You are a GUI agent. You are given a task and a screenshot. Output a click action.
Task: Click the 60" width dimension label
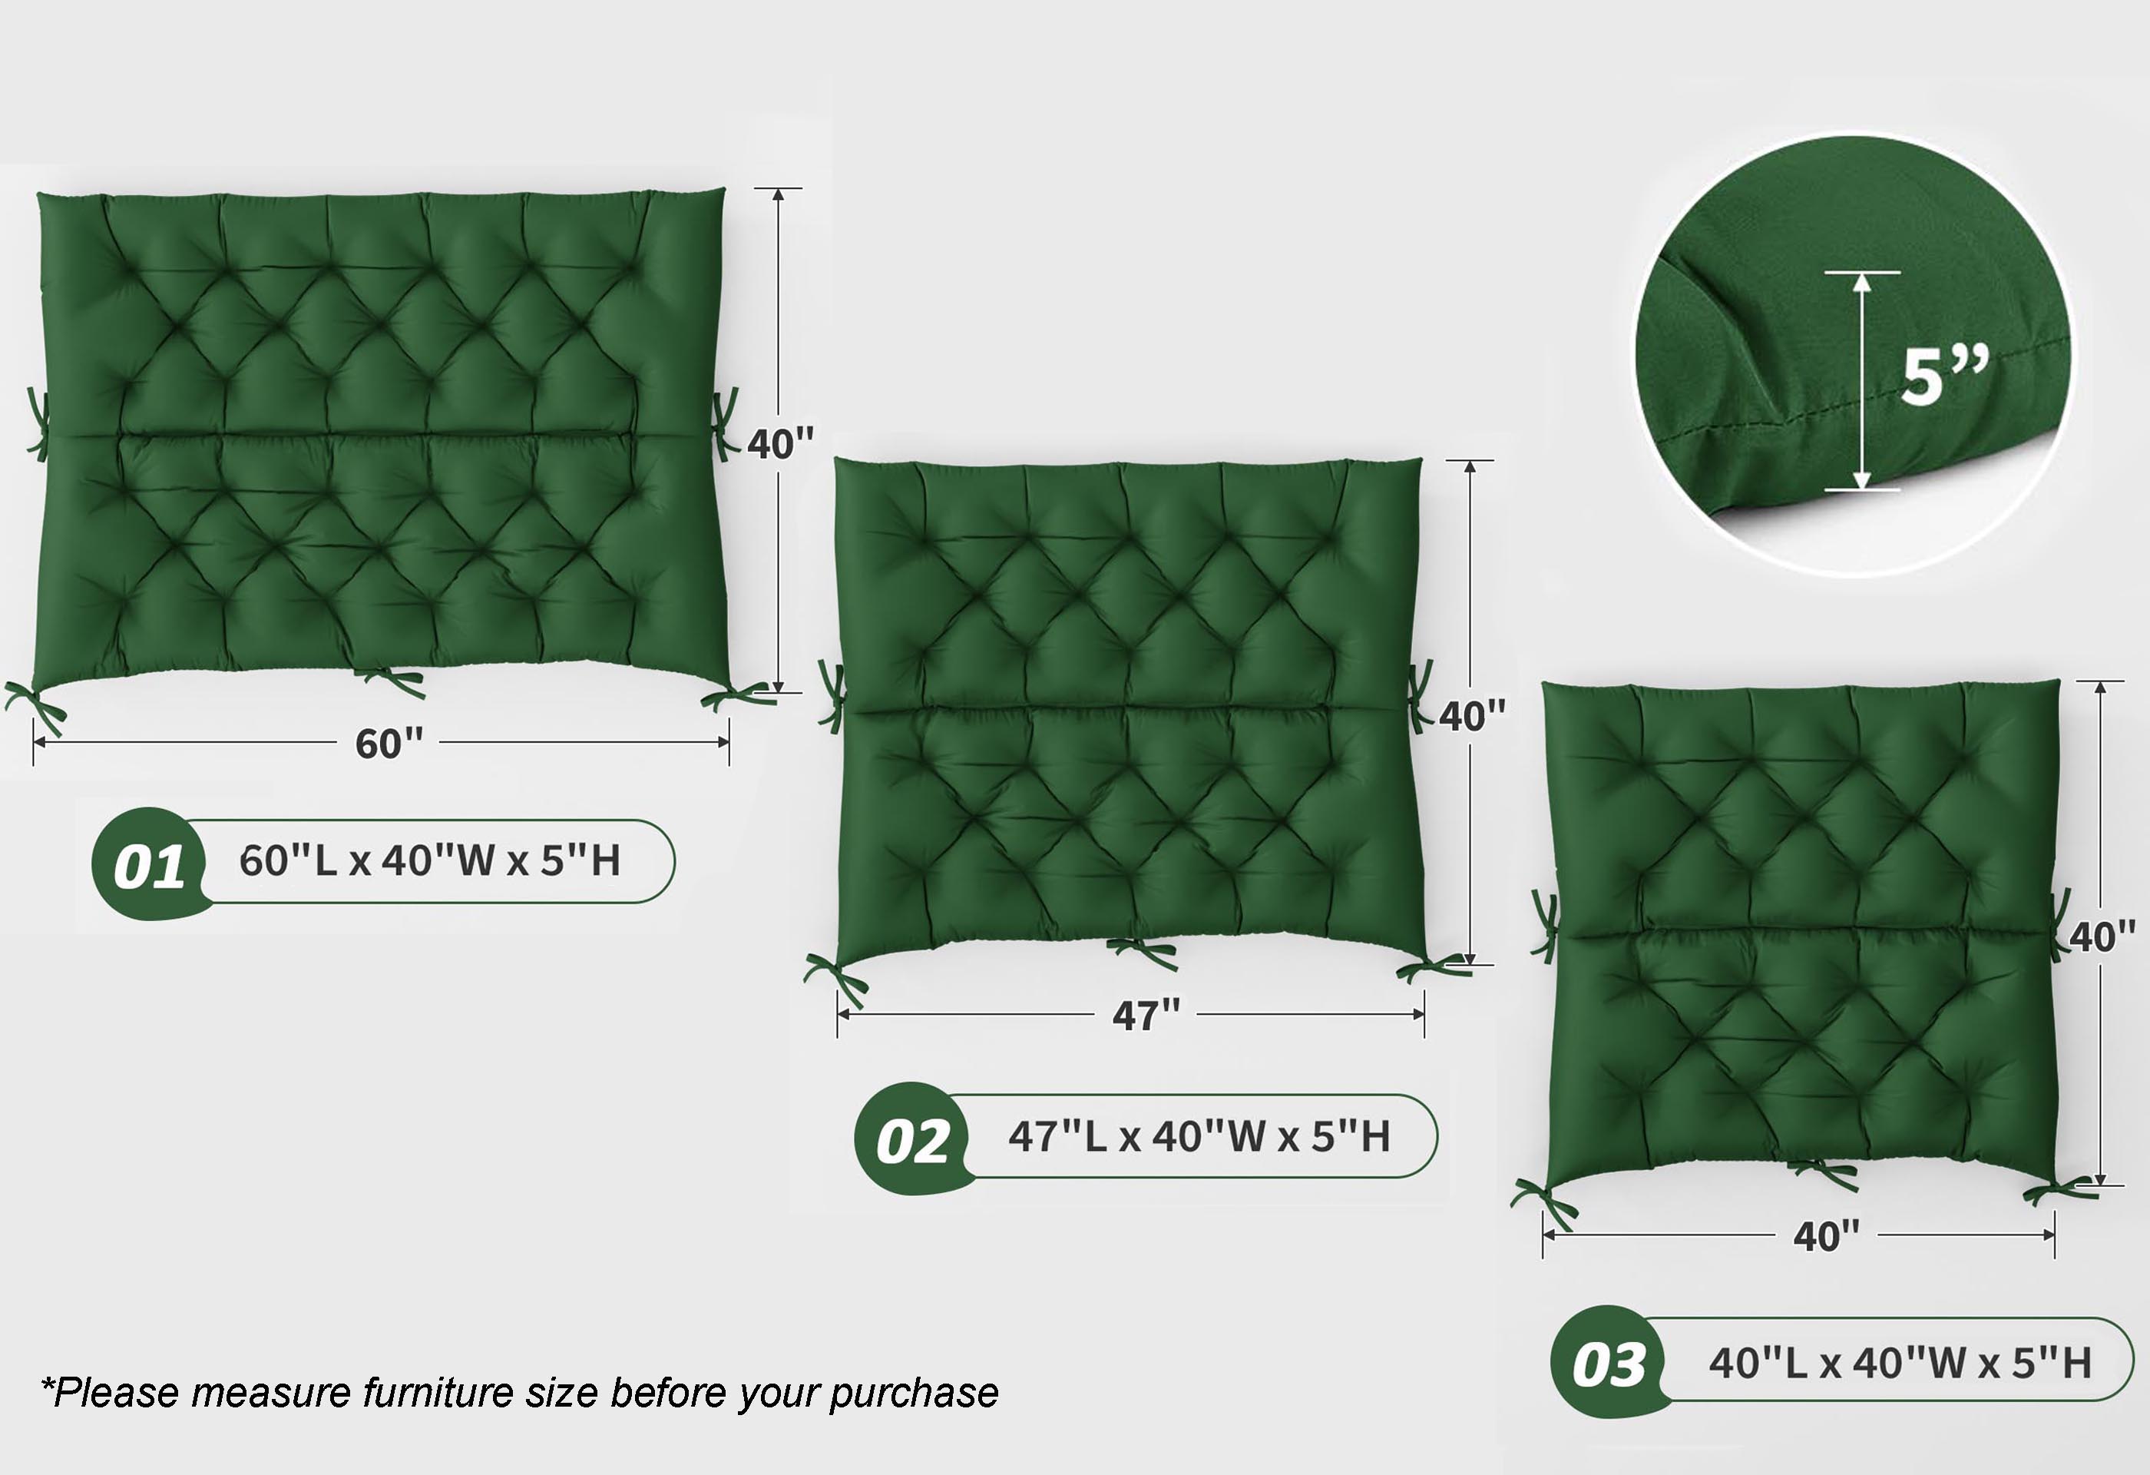[x=389, y=743]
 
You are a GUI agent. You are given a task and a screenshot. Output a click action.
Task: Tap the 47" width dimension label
[x=1146, y=1016]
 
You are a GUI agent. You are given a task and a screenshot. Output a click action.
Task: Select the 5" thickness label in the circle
[x=1943, y=376]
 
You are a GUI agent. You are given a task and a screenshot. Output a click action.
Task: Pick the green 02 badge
[x=911, y=1139]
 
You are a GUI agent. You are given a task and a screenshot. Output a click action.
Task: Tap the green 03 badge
[x=1608, y=1362]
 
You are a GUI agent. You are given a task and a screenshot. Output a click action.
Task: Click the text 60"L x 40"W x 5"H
[x=429, y=860]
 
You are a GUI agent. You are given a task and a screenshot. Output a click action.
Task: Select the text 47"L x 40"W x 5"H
[x=1199, y=1136]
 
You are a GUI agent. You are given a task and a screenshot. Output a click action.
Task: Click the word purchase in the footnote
[x=914, y=1394]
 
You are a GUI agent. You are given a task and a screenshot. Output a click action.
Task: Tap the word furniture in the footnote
[x=438, y=1392]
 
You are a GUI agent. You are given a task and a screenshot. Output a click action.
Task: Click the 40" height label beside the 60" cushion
[x=781, y=444]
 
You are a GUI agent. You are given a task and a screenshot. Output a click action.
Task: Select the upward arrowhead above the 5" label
[x=1861, y=281]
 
